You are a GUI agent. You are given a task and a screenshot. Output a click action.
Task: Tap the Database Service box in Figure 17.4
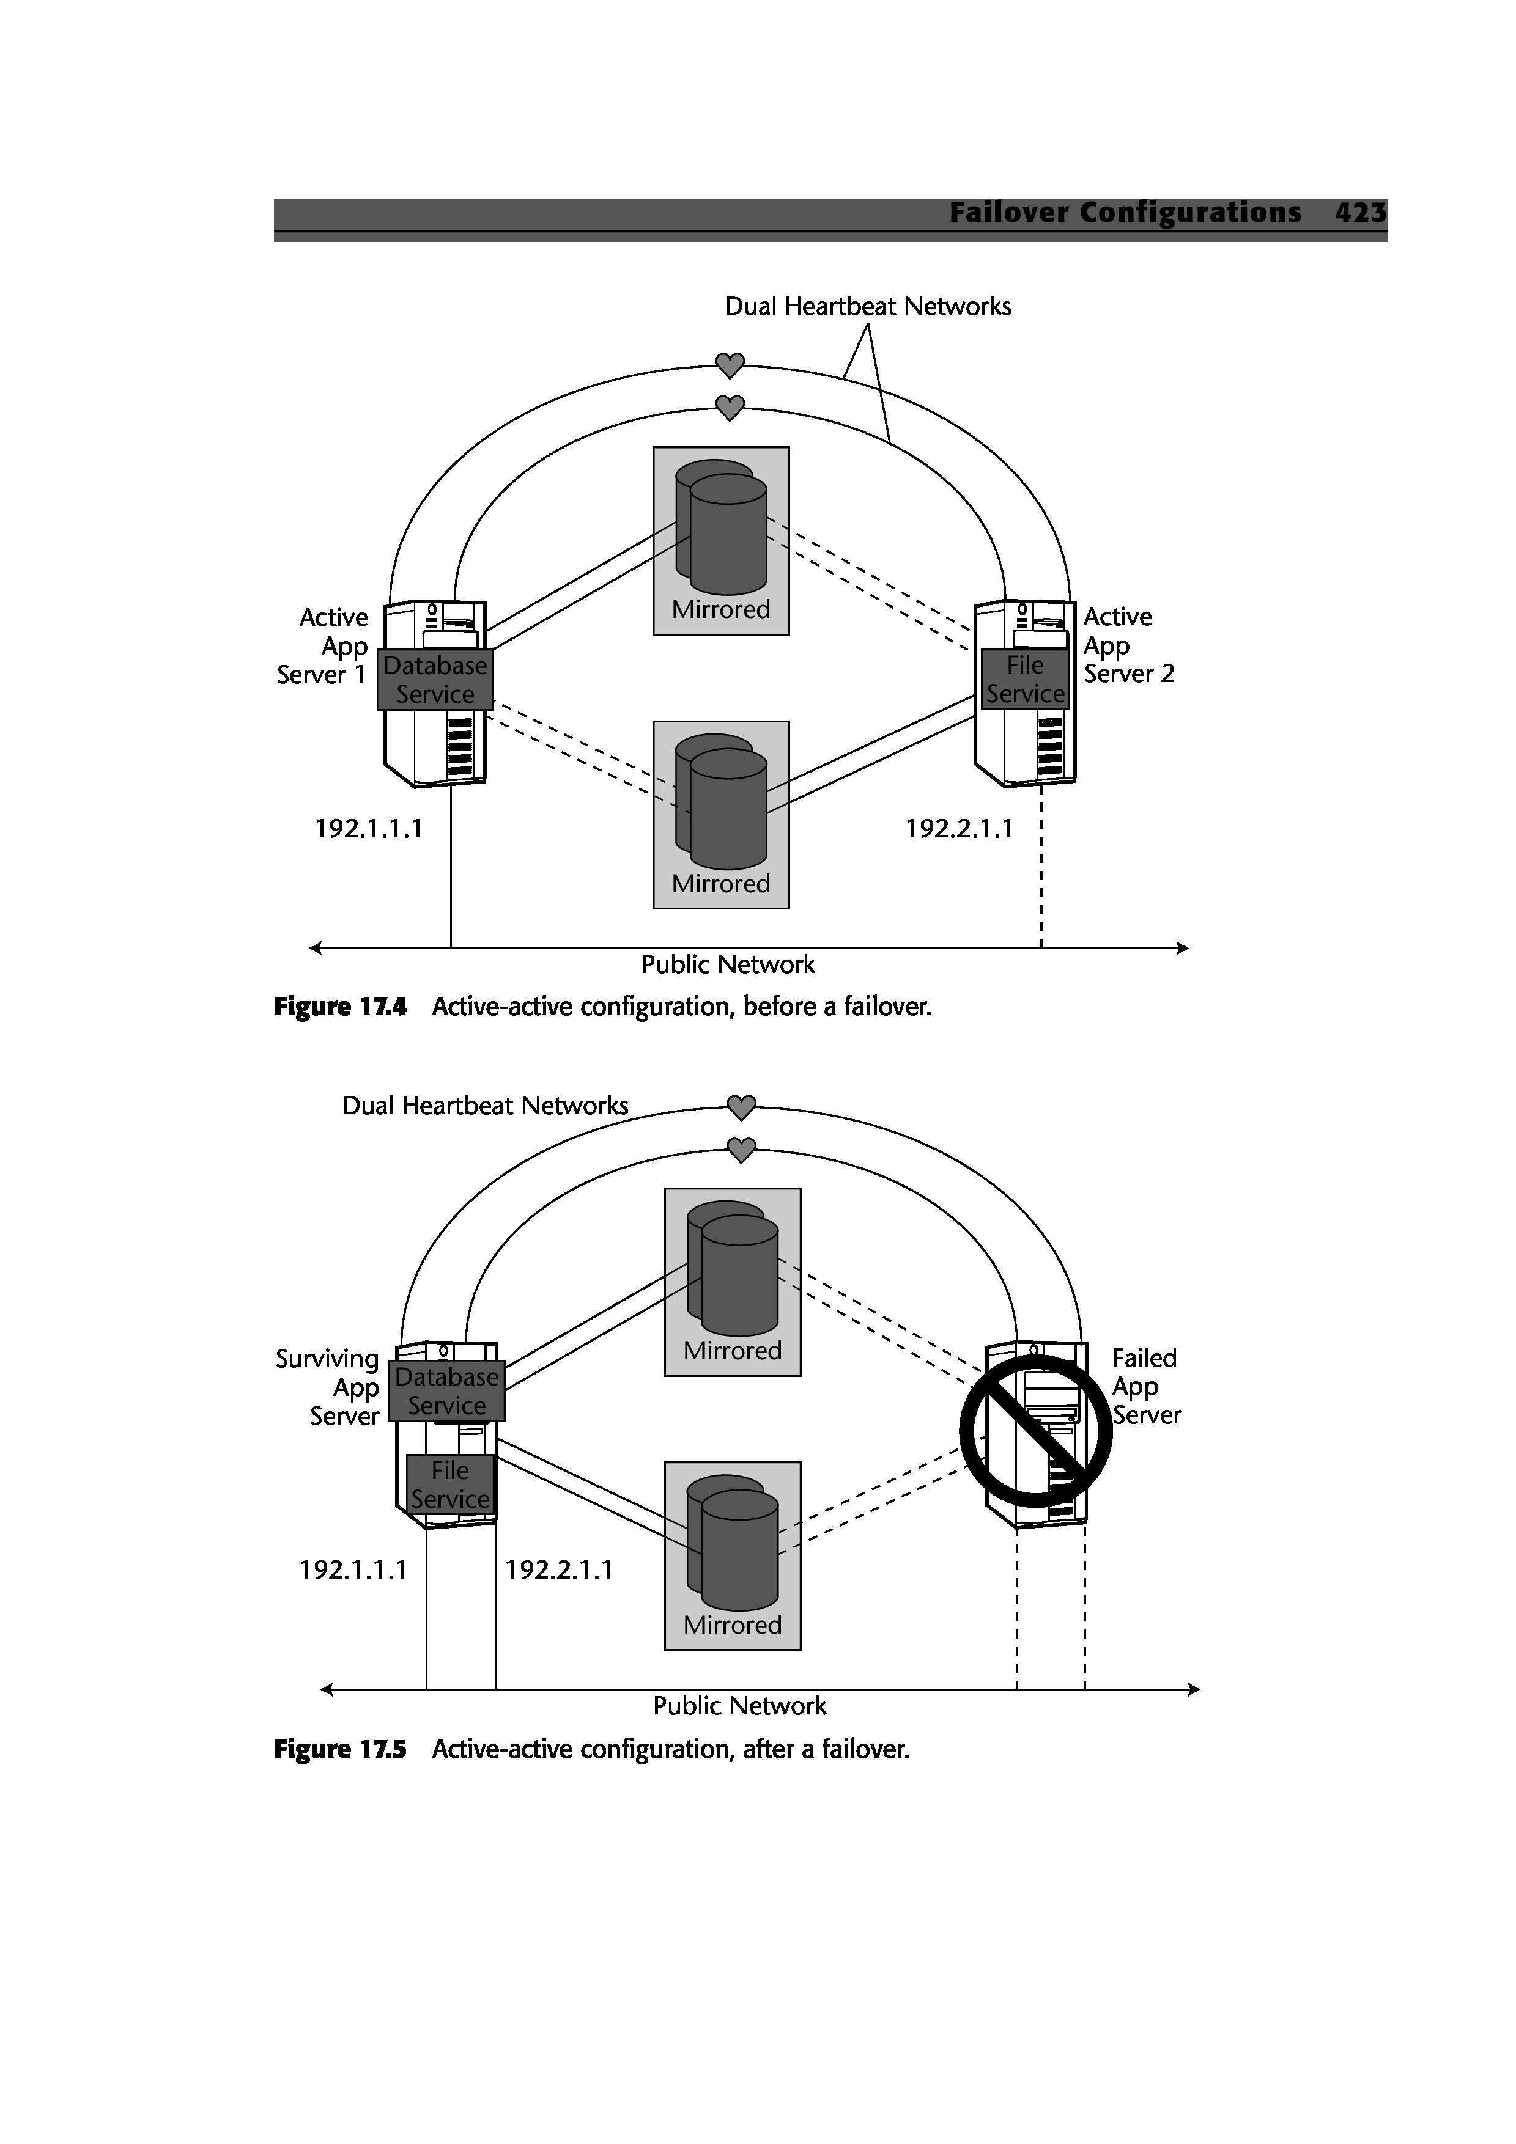tap(435, 680)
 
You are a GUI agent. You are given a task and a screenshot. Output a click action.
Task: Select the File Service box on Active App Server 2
tap(1025, 679)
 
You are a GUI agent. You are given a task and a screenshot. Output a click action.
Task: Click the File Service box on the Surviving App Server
tap(449, 1485)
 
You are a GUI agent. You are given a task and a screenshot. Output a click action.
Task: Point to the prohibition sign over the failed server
tap(1035, 1431)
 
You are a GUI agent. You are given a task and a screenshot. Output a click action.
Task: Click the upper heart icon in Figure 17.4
tap(730, 365)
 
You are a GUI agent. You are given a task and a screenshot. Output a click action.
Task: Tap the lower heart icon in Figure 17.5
tap(741, 1150)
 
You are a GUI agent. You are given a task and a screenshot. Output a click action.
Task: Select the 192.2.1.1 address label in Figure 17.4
tap(960, 828)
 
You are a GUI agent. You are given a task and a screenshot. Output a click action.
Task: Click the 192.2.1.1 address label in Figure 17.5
tap(558, 1569)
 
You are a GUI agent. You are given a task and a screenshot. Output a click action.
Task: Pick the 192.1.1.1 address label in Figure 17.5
tap(353, 1569)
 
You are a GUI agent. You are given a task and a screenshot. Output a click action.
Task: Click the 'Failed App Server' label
tap(1146, 1387)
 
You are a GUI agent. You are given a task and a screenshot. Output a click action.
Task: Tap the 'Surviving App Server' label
tap(328, 1387)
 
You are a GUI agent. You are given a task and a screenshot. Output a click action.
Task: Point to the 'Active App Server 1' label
tap(323, 645)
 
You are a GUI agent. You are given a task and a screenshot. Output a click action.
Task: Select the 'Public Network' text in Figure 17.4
tap(728, 964)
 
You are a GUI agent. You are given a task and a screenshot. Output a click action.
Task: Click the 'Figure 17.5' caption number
tap(340, 1749)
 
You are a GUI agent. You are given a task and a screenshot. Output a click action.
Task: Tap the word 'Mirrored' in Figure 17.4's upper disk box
tap(720, 610)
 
